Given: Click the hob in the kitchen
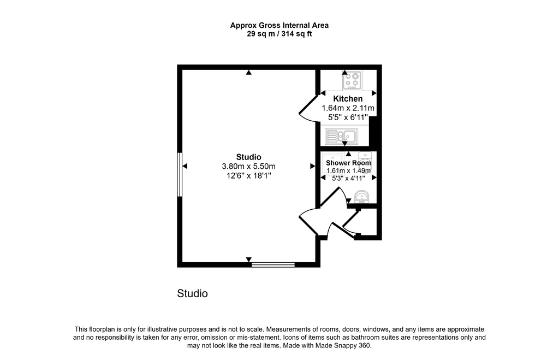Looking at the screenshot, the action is click(352, 80).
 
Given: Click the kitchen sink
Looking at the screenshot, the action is click(341, 136).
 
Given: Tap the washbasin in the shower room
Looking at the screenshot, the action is click(361, 197).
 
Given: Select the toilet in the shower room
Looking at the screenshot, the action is click(365, 159).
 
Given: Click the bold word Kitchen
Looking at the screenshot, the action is click(348, 99).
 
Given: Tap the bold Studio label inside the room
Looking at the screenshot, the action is click(248, 157).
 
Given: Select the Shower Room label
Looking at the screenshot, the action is click(348, 163).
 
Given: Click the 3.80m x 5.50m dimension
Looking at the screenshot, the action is click(248, 166).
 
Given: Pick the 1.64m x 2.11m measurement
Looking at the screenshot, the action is click(348, 108).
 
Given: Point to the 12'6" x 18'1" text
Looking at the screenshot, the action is click(248, 175).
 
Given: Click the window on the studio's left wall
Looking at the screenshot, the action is click(180, 174).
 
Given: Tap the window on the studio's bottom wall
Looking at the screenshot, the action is click(273, 265).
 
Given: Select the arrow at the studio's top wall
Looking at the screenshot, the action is click(249, 73).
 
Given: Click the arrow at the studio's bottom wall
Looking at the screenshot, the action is click(249, 259).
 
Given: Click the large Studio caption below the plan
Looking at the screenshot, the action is click(193, 294).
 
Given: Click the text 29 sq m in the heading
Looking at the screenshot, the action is click(261, 34).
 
